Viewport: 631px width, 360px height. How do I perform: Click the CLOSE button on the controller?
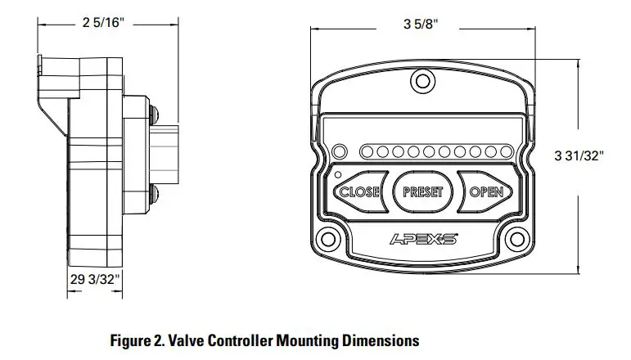tap(359, 191)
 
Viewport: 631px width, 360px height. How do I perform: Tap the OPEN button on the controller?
tap(486, 191)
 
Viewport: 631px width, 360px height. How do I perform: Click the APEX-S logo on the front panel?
tap(421, 239)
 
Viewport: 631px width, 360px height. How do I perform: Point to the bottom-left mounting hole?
tap(330, 240)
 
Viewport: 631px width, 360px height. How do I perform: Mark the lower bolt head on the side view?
tap(155, 192)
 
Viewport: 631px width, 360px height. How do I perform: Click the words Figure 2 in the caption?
tap(138, 339)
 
